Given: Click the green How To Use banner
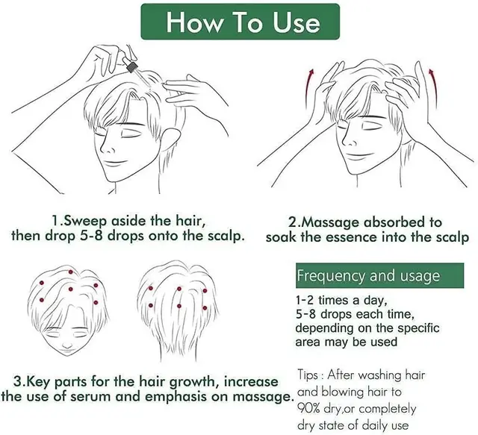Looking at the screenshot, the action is point(240,22).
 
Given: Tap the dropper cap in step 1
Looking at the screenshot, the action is point(132,66).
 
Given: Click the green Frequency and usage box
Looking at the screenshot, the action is point(379,275).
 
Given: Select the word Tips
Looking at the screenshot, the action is point(308,375).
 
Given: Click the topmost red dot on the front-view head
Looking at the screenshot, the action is point(71,272).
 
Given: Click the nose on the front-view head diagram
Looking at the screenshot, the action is point(68,346).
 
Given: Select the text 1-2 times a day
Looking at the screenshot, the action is point(341,301).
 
